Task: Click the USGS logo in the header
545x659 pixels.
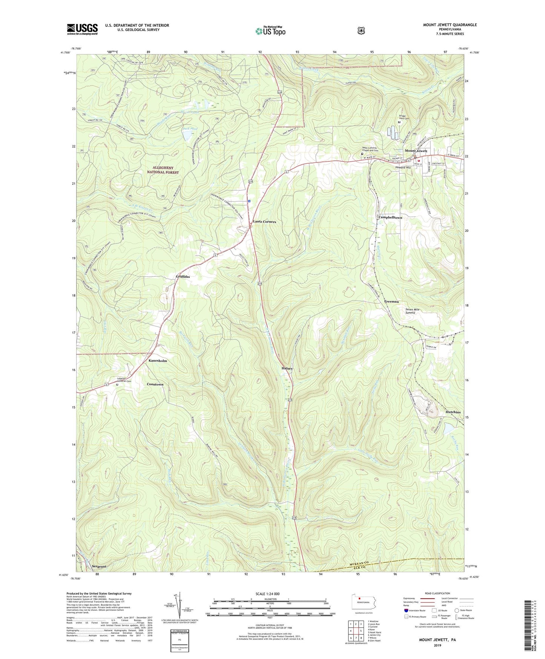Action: (x=82, y=29)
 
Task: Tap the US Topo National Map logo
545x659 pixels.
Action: (x=270, y=31)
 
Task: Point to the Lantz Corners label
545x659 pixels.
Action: (x=264, y=222)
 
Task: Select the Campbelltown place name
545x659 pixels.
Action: (x=390, y=218)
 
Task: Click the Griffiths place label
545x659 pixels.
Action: (x=183, y=277)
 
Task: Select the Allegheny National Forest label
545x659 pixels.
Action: (x=163, y=170)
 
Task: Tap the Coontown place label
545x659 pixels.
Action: (x=155, y=384)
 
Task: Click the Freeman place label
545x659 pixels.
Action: (x=391, y=302)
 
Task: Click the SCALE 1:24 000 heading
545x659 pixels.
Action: (x=267, y=594)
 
